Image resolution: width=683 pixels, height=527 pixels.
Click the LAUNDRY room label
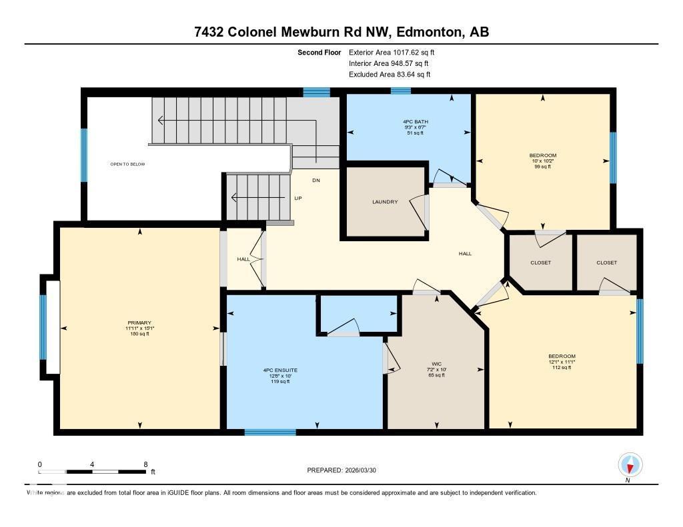[x=385, y=202]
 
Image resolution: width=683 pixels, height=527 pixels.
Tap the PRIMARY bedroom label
[x=140, y=322]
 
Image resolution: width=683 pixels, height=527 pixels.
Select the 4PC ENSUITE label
[x=280, y=370]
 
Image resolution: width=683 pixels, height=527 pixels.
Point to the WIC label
[x=436, y=364]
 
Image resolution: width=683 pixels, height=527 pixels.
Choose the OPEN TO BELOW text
[x=127, y=164]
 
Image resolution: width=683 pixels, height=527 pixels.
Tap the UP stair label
[x=299, y=198]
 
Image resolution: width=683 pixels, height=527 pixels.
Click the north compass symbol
[x=630, y=465]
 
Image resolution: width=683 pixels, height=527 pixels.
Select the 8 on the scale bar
[x=145, y=464]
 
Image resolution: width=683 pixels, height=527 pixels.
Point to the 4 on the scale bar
[x=92, y=464]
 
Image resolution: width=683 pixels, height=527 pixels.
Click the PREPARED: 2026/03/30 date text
[x=345, y=470]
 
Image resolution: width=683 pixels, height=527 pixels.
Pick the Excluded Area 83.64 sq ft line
[x=390, y=75]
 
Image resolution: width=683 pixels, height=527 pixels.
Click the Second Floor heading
[x=319, y=52]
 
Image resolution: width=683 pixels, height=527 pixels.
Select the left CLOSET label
[x=540, y=263]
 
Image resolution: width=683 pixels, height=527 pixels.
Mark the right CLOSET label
[x=606, y=263]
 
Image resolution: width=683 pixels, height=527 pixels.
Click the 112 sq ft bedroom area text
[x=562, y=368]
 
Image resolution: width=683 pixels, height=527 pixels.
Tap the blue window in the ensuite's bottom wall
[x=269, y=432]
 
